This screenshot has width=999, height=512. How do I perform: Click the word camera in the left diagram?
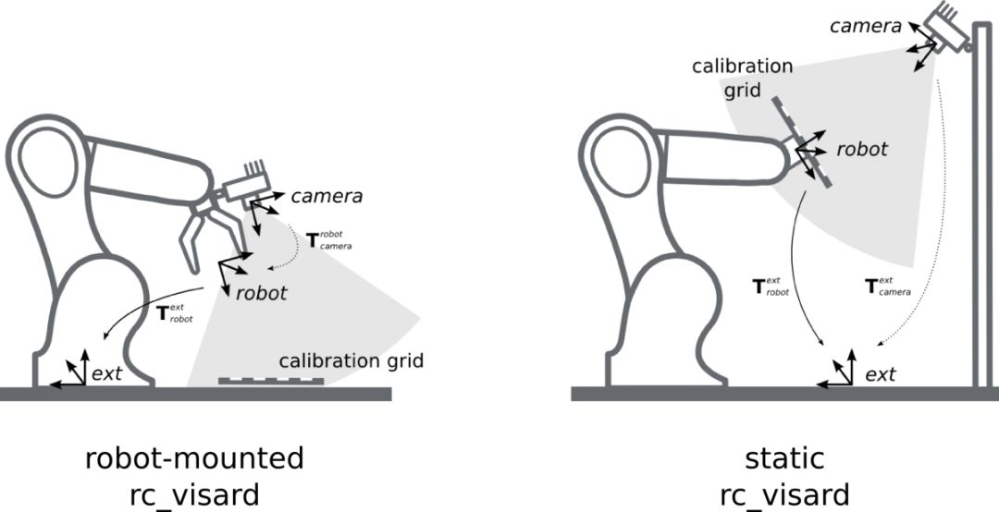[x=327, y=196]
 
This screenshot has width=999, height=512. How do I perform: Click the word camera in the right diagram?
[x=865, y=26]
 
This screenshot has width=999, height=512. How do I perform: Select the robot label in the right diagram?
[x=862, y=149]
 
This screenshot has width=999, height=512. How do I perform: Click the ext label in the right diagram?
[x=880, y=374]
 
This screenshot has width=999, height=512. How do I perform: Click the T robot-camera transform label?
[x=327, y=241]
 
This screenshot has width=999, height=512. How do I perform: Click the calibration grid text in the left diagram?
[x=351, y=360]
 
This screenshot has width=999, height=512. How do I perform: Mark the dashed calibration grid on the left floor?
[x=271, y=381]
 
